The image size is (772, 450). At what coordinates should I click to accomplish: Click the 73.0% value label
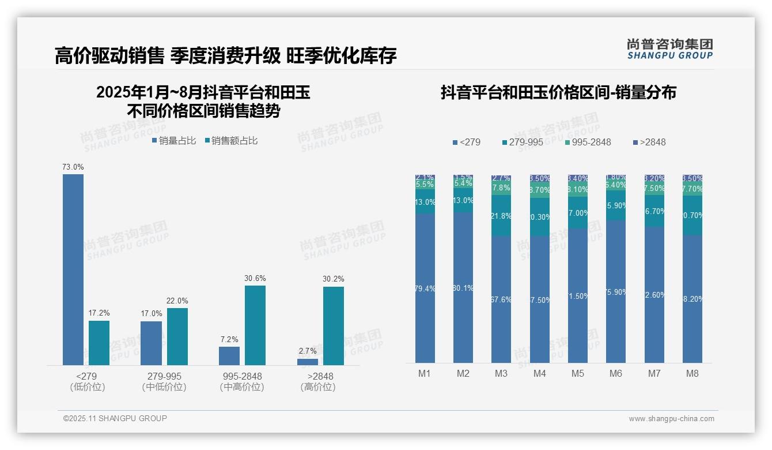pos(73,167)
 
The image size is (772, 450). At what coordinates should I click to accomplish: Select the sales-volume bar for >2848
pos(308,362)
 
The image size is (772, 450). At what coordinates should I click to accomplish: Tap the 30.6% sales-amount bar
pos(255,325)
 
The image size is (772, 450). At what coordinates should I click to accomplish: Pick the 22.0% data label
pos(177,301)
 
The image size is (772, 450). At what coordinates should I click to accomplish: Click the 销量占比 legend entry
pos(173,141)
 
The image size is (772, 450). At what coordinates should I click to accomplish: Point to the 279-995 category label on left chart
pos(164,376)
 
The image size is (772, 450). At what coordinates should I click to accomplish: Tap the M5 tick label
pos(578,373)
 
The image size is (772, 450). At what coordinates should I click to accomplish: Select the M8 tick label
pos(692,373)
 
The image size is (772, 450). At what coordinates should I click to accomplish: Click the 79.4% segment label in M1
pos(425,288)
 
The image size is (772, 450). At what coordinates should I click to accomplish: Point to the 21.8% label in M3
pos(501,216)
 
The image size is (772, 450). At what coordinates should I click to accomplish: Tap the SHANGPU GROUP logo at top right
pos(670,49)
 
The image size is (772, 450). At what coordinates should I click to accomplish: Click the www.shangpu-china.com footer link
pos(671,419)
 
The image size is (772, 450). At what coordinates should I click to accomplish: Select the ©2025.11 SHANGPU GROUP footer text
pos(115,418)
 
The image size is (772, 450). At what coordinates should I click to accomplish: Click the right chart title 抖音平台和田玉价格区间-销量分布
pos(558,92)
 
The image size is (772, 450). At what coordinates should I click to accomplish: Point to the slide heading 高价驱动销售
pos(109,56)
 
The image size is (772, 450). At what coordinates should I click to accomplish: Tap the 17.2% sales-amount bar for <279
pos(99,343)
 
